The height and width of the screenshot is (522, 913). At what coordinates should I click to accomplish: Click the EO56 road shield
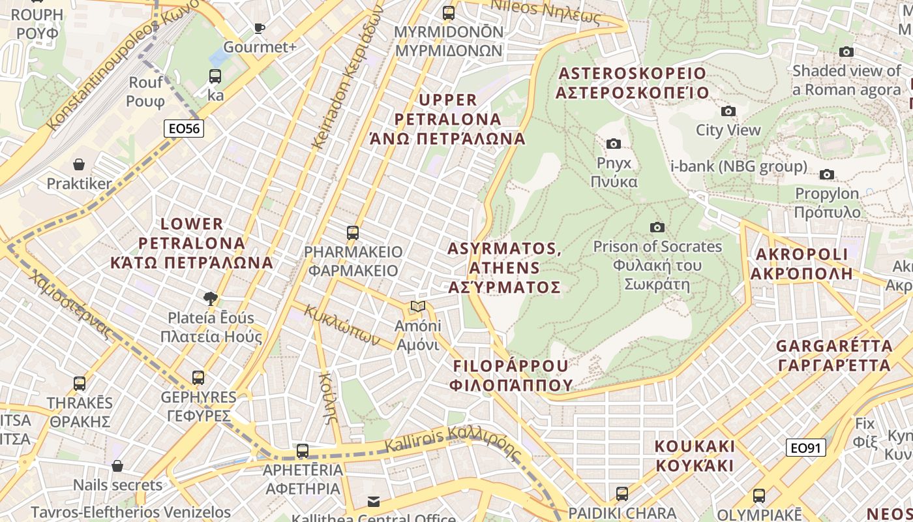click(x=185, y=129)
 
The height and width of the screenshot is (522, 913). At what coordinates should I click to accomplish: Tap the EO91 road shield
click(x=805, y=448)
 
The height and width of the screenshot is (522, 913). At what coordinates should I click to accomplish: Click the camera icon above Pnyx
click(x=613, y=144)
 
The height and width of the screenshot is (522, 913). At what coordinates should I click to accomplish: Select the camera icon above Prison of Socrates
click(x=657, y=227)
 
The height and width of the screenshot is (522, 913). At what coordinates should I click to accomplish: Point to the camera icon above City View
click(x=728, y=111)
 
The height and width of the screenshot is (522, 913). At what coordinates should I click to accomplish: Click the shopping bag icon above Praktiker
click(x=79, y=164)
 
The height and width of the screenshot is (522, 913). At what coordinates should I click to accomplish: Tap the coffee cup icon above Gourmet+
click(x=260, y=27)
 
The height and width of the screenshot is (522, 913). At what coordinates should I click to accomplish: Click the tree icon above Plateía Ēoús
click(x=210, y=299)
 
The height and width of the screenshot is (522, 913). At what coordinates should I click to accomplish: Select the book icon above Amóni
click(x=418, y=306)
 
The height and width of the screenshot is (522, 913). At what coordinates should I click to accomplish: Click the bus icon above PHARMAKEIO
click(x=353, y=232)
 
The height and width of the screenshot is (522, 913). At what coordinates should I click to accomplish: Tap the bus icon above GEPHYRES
click(x=198, y=377)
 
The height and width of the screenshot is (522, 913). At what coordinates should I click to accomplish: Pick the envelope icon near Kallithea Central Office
click(x=374, y=501)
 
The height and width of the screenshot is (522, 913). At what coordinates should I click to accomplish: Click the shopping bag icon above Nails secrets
click(x=117, y=466)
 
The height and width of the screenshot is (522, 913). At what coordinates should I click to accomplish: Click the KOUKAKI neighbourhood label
click(x=695, y=456)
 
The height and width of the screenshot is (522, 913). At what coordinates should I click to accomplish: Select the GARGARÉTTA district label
click(x=834, y=355)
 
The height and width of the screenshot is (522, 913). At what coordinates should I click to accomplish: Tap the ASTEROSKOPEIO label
click(x=632, y=82)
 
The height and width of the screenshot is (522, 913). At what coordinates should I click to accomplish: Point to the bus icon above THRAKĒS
click(x=80, y=384)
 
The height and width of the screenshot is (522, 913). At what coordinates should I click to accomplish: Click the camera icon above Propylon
click(x=826, y=174)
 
